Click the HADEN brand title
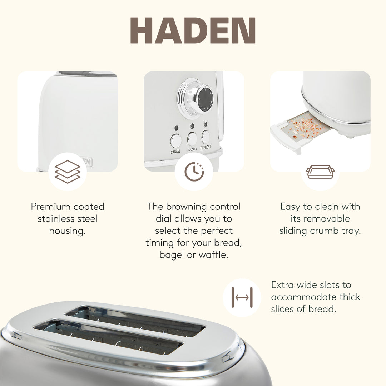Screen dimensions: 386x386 [193, 31]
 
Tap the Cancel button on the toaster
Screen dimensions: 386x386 [175, 140]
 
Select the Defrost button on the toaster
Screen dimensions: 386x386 [206, 137]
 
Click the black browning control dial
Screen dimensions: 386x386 [206, 99]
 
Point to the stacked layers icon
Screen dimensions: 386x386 [67, 172]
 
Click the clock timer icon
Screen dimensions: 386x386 [194, 172]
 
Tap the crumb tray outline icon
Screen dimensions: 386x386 [320, 172]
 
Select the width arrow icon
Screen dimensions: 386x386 [242, 297]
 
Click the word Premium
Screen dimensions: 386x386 [51, 207]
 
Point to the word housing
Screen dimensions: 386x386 [67, 231]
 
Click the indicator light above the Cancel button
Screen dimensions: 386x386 [176, 128]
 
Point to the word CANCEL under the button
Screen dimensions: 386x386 [175, 152]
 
